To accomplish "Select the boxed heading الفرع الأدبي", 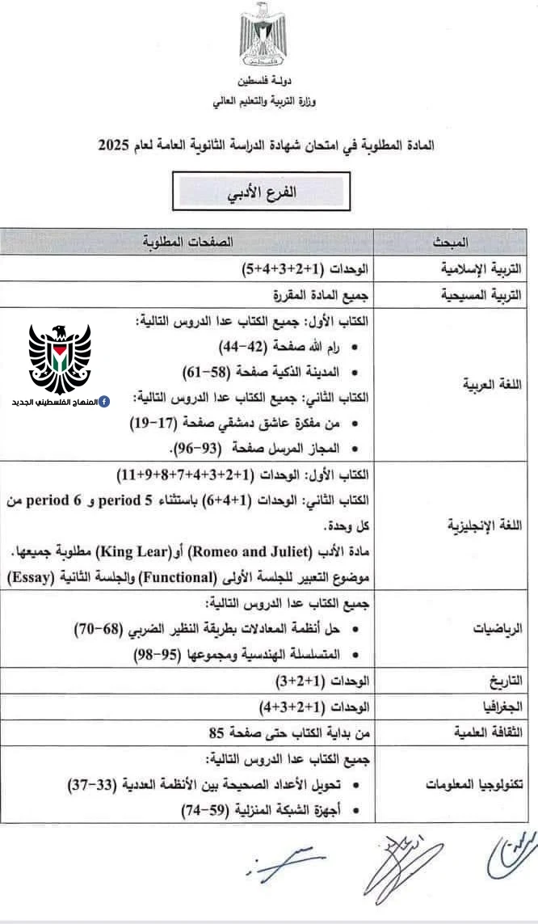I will pos(258,193).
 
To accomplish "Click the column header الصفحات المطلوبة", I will pos(187,241).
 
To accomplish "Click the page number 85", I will pos(216,733).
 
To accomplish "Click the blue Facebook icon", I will pos(106,402).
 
